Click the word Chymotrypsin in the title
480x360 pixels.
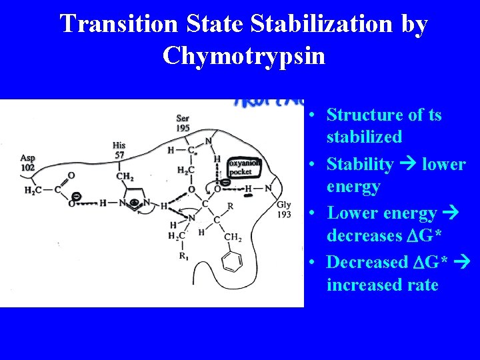tap(243, 55)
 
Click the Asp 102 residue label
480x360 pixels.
tap(27, 163)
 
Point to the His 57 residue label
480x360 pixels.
tap(119, 149)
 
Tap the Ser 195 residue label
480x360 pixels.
tap(183, 123)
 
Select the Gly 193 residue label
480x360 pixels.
tap(284, 209)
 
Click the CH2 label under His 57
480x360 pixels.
tap(125, 177)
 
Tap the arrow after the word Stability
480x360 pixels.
tap(409, 164)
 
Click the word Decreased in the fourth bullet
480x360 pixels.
tap(368, 262)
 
